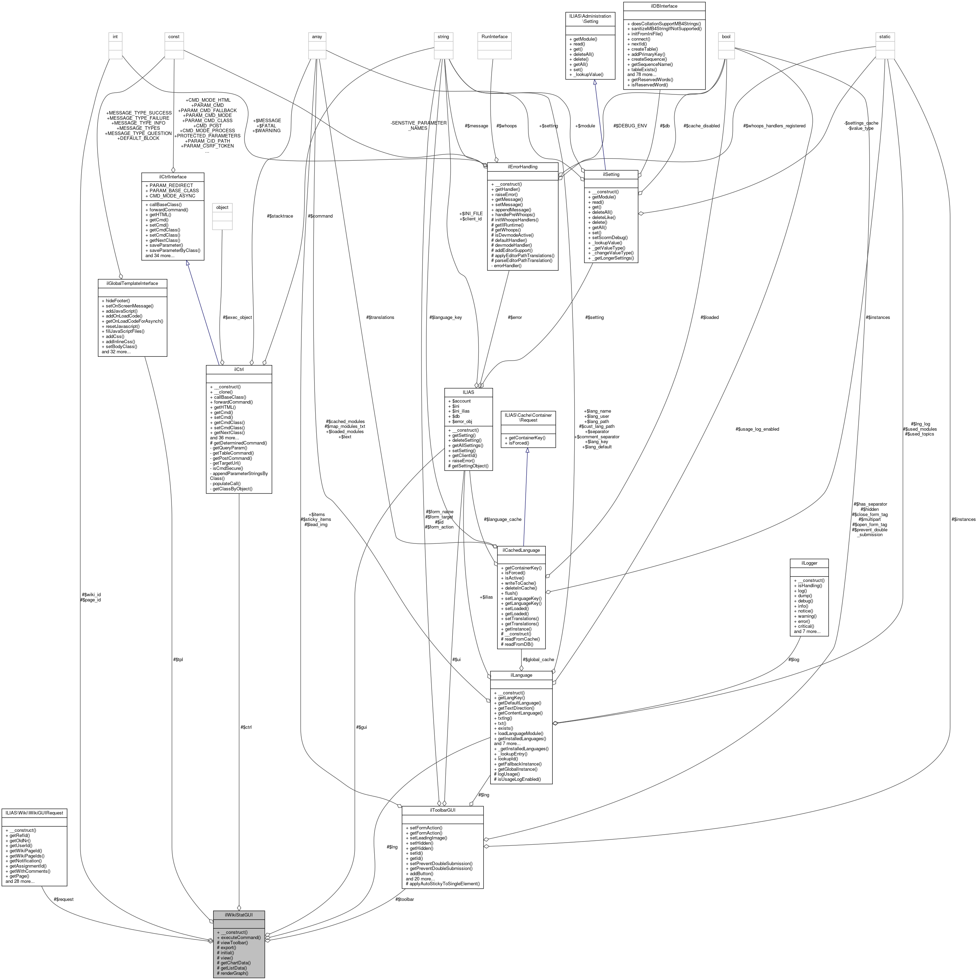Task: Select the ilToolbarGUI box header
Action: pos(442,810)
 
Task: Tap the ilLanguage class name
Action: pos(521,675)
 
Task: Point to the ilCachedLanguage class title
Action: pos(521,550)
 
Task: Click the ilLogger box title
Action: pos(809,563)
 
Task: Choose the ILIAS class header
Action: pos(468,392)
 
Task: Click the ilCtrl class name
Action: pos(239,369)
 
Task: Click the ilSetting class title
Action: pos(611,174)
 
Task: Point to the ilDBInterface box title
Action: pos(664,6)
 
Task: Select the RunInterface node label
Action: pos(494,36)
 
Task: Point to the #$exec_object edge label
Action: pos(237,317)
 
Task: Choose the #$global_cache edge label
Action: pos(538,659)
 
